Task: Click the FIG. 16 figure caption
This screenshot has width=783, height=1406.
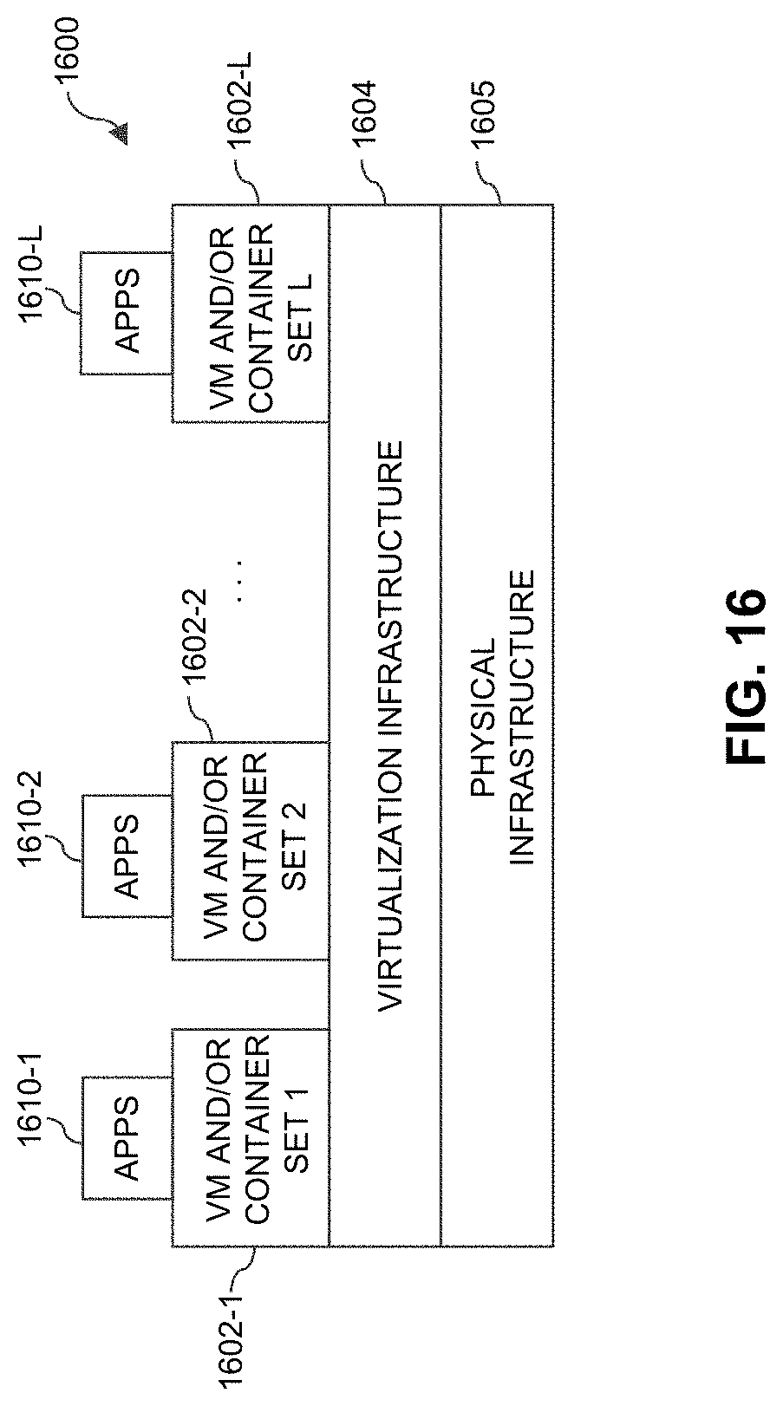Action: pyautogui.click(x=743, y=677)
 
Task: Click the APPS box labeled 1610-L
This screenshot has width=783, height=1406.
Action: pyautogui.click(x=127, y=313)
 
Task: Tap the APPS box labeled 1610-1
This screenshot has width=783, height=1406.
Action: pyautogui.click(x=127, y=1138)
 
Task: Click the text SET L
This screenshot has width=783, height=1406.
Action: pyautogui.click(x=299, y=313)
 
